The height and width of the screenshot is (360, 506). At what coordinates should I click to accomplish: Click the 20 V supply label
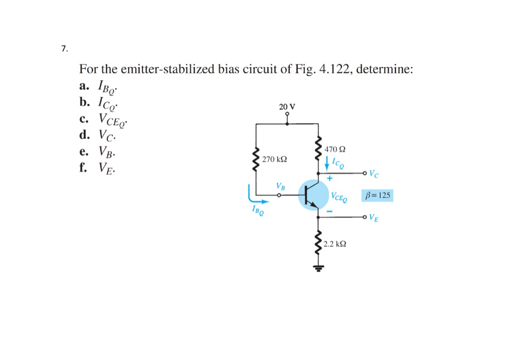coord(287,106)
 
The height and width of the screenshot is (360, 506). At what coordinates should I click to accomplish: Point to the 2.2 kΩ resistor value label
coord(335,244)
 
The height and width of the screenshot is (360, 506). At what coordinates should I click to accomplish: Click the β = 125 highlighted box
coord(377,196)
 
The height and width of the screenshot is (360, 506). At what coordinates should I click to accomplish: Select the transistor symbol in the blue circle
coord(314,196)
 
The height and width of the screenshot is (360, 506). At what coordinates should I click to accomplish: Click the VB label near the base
coord(281,187)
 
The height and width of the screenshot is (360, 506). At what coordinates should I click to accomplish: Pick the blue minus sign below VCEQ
coord(329,211)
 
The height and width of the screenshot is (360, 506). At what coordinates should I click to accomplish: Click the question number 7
coord(64,49)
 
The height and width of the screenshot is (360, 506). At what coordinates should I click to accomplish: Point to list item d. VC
coord(97,135)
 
